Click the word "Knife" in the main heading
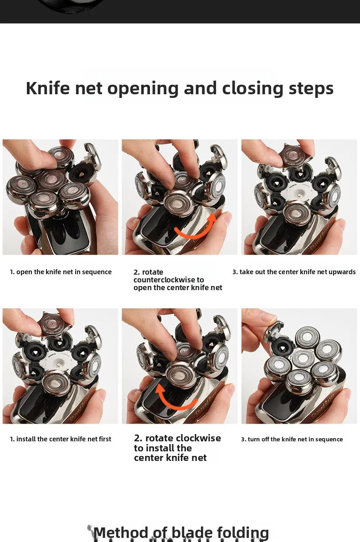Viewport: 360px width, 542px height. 48,88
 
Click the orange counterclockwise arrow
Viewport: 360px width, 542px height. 196,228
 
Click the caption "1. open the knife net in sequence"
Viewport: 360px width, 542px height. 61,272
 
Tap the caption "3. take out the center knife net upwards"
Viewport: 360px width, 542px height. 294,272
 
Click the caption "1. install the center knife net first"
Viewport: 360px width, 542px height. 61,439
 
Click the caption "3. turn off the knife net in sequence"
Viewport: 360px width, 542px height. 292,440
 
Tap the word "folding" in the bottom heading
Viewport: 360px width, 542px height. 243,533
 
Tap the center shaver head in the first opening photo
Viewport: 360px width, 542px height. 52,180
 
